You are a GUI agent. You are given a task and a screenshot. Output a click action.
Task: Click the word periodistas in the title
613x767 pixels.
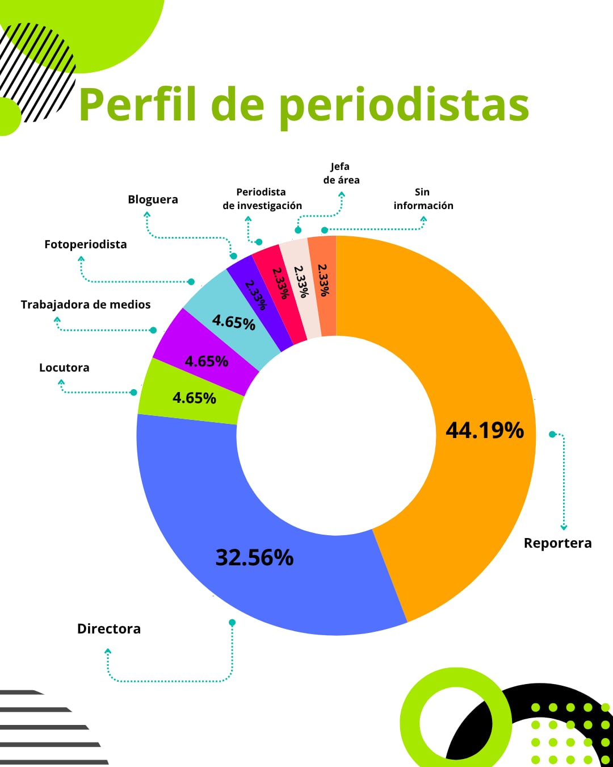(404, 106)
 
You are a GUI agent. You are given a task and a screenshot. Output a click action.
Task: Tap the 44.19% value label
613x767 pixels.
(485, 430)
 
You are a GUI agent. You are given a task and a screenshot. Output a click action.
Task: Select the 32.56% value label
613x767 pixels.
(254, 557)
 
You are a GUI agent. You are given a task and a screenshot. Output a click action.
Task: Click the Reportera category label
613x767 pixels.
(557, 543)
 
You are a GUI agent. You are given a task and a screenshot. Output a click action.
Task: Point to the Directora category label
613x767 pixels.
(109, 629)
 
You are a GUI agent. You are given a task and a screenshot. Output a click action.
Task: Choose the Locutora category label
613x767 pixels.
(64, 368)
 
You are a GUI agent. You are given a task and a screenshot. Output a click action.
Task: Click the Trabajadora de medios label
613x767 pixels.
(86, 305)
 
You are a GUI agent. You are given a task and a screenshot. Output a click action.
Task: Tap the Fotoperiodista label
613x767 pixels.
(86, 244)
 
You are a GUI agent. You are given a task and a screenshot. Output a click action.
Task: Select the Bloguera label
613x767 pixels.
(153, 199)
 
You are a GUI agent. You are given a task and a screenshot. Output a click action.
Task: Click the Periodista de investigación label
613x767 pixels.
(262, 199)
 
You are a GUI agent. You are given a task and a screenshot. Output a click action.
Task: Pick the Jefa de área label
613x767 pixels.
(341, 173)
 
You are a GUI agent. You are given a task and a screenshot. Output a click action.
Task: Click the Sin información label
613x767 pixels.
(423, 199)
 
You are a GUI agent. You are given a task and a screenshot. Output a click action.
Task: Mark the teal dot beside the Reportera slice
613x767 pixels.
(552, 434)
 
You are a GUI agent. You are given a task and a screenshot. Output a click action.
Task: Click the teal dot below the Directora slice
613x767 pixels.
(232, 623)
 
